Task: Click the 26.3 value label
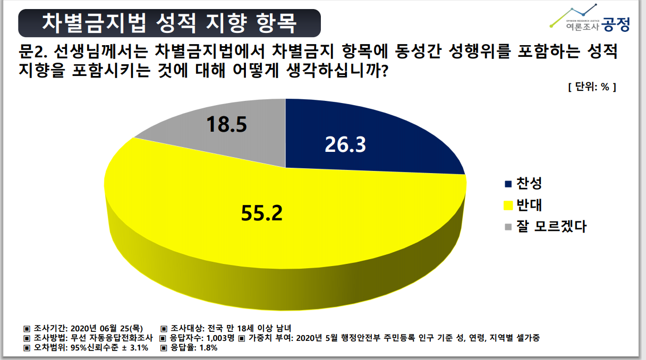346,145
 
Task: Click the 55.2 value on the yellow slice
261,213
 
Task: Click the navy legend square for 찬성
508,184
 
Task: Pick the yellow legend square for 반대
508,205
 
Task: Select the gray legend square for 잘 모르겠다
508,227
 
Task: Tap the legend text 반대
531,205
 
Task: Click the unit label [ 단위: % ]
591,87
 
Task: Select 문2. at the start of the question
33,52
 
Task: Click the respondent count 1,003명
219,338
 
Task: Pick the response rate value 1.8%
207,348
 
